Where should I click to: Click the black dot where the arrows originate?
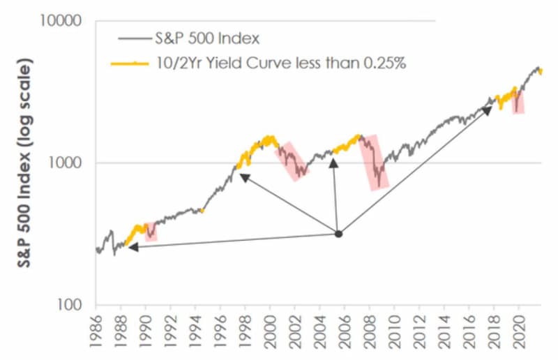pos(338,234)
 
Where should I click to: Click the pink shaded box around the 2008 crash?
pos(374,162)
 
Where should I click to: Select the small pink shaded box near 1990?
pos(151,232)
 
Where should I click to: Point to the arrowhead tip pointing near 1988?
pos(130,246)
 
